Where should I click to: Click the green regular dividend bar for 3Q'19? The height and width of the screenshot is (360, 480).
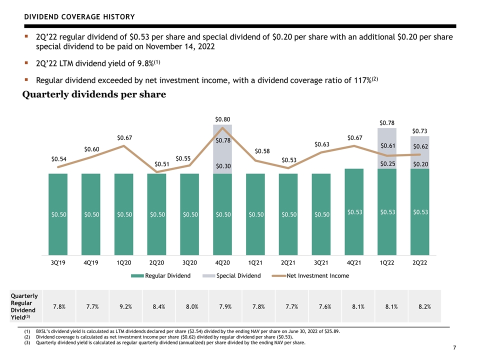(x=58, y=214)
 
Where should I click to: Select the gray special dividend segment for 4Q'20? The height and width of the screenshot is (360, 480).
(x=222, y=149)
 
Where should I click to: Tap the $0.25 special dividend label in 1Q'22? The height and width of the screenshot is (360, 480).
(x=387, y=164)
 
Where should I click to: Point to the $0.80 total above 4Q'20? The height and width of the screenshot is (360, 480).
(x=222, y=119)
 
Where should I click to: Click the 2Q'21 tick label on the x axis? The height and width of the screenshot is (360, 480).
(x=288, y=262)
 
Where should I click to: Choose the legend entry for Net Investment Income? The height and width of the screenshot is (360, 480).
(x=310, y=276)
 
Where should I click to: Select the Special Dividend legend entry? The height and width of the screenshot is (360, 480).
(x=231, y=276)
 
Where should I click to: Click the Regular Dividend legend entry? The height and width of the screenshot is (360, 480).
(x=160, y=276)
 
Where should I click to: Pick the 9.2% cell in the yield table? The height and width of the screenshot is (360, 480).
(x=125, y=306)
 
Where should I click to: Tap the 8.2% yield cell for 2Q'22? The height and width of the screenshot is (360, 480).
(x=424, y=306)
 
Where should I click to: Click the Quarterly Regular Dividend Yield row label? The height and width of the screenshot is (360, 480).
(x=24, y=306)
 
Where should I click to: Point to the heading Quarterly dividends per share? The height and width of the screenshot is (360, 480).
(x=94, y=94)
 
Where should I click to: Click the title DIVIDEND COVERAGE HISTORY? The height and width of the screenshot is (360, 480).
(x=79, y=17)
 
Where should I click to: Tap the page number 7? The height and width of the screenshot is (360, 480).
(x=454, y=347)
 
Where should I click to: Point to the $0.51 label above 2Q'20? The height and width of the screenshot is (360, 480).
(x=162, y=164)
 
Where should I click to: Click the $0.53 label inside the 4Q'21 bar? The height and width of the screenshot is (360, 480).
(x=355, y=212)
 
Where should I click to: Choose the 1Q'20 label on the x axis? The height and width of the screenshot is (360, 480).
(x=123, y=262)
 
